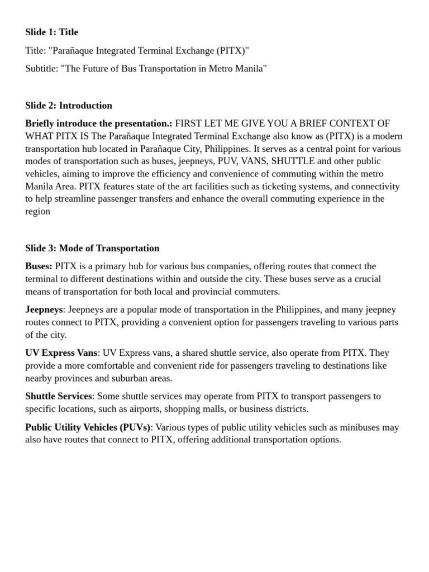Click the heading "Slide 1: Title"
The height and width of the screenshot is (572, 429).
[x=51, y=32]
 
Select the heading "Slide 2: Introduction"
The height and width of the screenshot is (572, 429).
[x=69, y=106]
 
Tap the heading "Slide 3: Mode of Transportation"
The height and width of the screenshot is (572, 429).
[x=92, y=248]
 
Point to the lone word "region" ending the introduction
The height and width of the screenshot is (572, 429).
[x=37, y=211]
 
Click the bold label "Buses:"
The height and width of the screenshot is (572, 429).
[x=39, y=266]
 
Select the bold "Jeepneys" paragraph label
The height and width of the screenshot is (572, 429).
[x=44, y=309]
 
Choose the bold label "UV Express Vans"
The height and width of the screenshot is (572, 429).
[x=61, y=353]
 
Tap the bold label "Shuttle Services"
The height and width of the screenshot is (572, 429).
[x=58, y=396]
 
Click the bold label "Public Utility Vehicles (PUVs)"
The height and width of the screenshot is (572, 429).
[x=88, y=427]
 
